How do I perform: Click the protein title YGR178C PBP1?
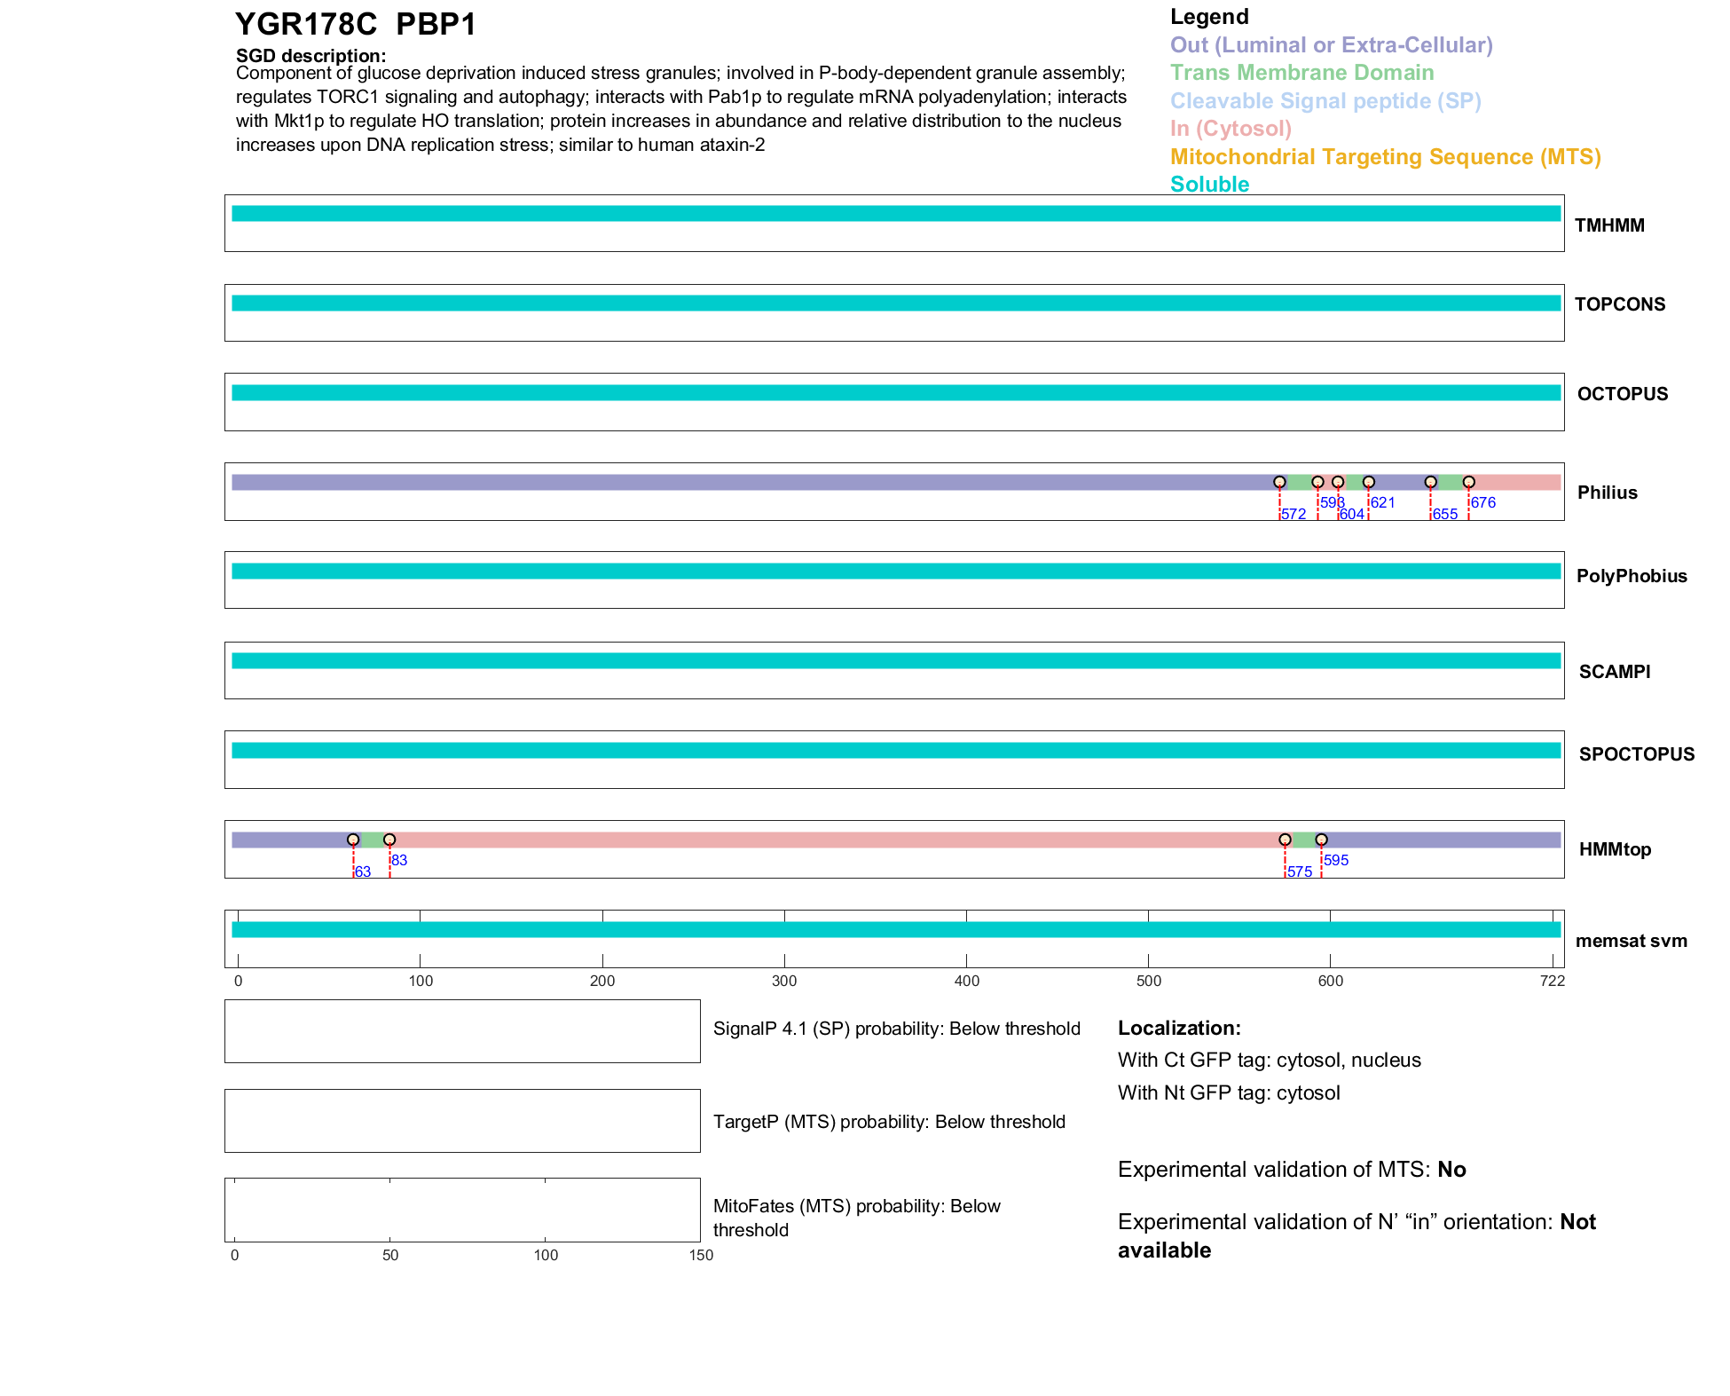pos(355,24)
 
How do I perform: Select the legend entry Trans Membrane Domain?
pos(1301,73)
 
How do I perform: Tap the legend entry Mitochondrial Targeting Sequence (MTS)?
pos(1385,157)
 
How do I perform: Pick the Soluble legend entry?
pos(1209,185)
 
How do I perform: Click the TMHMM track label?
pos(1609,225)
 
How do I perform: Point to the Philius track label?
pos(1607,493)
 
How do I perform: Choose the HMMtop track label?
pos(1615,849)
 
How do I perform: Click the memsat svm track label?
pos(1631,941)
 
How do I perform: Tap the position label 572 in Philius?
pos(1294,515)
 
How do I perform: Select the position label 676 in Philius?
pos(1483,502)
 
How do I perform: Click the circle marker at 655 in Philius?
pos(1430,482)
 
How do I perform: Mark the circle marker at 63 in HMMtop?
pos(353,840)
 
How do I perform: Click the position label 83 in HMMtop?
pos(399,860)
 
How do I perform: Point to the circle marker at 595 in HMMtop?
pos(1321,840)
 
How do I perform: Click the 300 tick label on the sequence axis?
pos(784,981)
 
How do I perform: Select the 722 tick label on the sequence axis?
pos(1553,981)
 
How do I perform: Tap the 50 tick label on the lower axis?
pos(390,1255)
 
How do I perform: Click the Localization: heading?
pos(1179,1028)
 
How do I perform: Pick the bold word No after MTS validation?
pos(1451,1170)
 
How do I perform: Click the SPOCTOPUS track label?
pos(1636,754)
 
